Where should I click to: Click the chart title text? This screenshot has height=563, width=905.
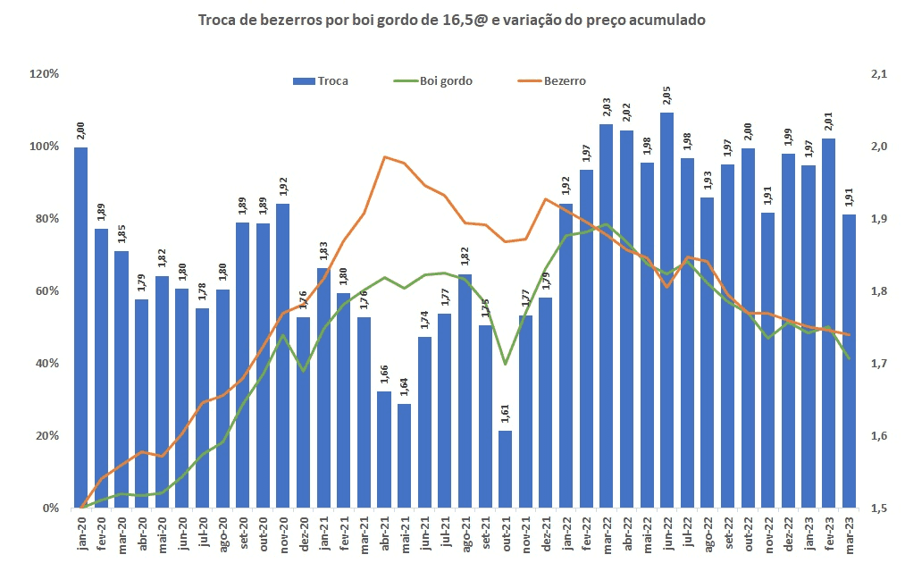(x=451, y=20)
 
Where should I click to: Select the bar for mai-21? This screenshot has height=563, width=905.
(x=404, y=456)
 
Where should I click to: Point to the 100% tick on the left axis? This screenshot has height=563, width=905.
(x=45, y=147)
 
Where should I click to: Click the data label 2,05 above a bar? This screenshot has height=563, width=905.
(x=666, y=97)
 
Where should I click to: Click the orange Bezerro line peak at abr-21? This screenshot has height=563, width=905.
(x=384, y=157)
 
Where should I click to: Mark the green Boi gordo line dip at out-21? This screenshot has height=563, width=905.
(x=505, y=364)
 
